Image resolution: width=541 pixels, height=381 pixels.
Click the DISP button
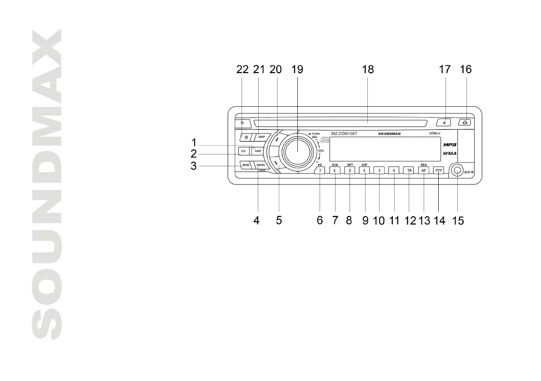[x=261, y=137]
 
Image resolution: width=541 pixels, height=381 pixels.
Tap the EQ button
[x=243, y=150]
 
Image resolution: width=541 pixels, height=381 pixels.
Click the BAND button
[x=260, y=164]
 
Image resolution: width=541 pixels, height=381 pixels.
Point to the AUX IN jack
[x=457, y=171]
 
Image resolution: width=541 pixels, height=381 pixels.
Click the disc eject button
[x=446, y=122]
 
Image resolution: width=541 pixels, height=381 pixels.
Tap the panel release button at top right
[x=464, y=122]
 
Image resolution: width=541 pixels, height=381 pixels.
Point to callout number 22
[x=243, y=69]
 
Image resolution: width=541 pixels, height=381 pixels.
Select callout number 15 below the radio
[x=458, y=221]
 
